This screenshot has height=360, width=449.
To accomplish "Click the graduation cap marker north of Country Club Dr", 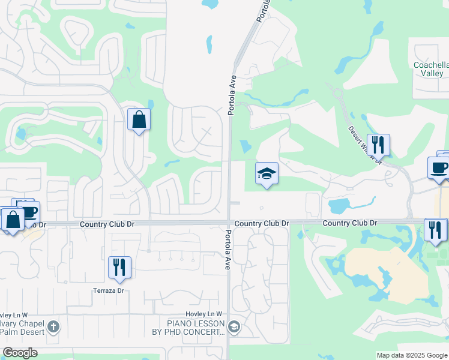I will (267, 175).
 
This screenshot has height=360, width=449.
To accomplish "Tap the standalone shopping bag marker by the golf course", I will (139, 120).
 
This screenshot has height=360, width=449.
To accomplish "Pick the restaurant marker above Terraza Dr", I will (119, 268).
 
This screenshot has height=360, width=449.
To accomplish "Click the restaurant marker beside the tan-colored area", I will (435, 231).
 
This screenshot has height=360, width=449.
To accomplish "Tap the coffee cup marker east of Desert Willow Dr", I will (439, 167).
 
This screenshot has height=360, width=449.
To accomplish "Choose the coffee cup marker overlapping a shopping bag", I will (28, 211).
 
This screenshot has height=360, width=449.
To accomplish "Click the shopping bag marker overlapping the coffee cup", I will (12, 220).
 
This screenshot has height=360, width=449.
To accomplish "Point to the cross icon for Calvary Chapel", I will (53, 327).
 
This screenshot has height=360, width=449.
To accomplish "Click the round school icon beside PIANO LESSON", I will (234, 327).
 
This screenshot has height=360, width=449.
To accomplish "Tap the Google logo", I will (20, 353).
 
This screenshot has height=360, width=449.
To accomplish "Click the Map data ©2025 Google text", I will (412, 355).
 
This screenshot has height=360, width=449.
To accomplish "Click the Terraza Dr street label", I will (108, 290).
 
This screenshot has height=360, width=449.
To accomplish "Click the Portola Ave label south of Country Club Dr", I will (228, 250).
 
